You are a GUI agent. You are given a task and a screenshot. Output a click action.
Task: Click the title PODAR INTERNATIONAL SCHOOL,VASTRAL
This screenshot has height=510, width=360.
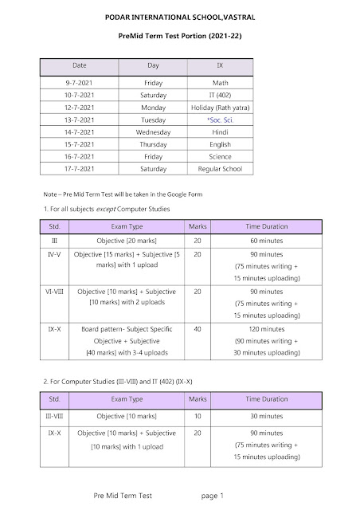click(180, 16)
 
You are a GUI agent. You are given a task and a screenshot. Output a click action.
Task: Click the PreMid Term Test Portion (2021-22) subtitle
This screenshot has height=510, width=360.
click(180, 37)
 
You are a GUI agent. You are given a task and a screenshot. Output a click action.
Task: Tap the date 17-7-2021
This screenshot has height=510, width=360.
click(80, 170)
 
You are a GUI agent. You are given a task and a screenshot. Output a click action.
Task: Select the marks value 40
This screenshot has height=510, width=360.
click(196, 328)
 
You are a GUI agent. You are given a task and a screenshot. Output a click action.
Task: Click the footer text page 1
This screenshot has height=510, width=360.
click(213, 496)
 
